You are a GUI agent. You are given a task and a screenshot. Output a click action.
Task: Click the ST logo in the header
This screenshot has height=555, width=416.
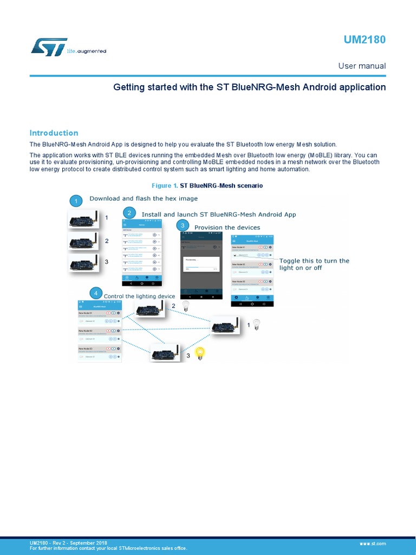coord(49,47)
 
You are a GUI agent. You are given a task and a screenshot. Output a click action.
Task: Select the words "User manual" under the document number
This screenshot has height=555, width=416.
coord(362,66)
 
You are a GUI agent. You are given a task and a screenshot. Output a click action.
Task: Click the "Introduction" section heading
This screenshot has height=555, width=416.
coord(54,133)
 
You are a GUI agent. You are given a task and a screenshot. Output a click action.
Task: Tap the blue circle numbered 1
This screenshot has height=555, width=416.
coord(76,201)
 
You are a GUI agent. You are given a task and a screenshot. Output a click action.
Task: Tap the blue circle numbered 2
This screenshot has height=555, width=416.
coord(129,214)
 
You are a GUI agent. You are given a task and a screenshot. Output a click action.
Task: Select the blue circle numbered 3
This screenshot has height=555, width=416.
coord(183,225)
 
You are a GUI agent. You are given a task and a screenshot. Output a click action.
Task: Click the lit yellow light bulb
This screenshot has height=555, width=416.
coord(200,354)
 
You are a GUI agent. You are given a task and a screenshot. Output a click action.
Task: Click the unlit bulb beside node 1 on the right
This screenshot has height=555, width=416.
coord(257,324)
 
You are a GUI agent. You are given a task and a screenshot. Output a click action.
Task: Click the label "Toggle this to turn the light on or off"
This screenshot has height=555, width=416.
coord(314,264)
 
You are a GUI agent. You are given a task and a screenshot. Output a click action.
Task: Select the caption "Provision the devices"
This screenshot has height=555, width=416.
coord(227,228)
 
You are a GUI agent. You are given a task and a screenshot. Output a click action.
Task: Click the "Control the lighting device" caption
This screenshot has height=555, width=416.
coord(139,296)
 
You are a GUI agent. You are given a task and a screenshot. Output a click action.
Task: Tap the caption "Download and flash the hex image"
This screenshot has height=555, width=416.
coord(144,198)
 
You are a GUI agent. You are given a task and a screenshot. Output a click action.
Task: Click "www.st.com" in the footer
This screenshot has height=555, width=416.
coord(373,543)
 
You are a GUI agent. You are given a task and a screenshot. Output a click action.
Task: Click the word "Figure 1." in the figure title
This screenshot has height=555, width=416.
coord(165,185)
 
